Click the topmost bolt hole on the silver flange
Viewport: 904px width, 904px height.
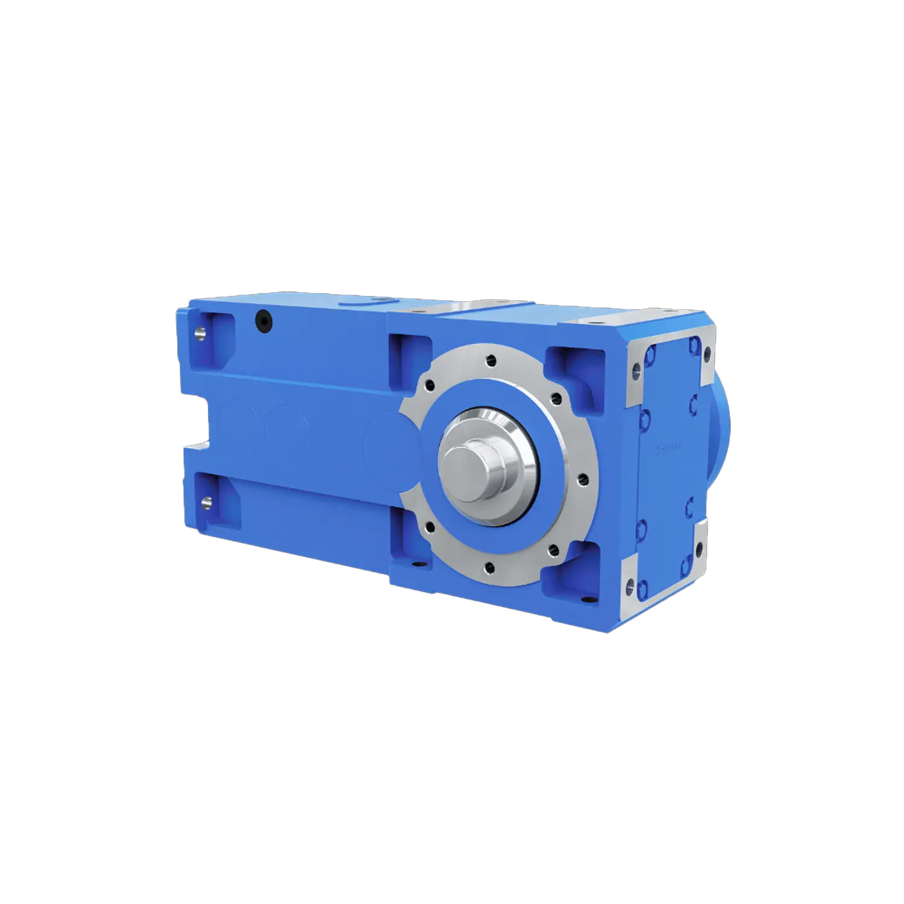(492, 361)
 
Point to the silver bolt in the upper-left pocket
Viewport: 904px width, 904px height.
(200, 331)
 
